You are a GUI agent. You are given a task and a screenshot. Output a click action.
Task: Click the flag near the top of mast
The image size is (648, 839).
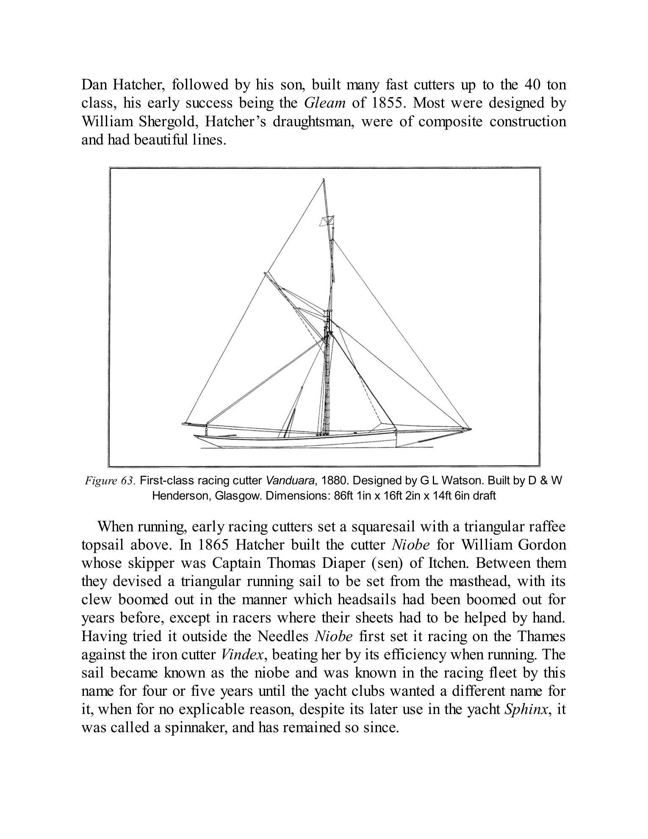pos(327,221)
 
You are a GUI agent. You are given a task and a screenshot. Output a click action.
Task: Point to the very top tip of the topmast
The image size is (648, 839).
pos(324,179)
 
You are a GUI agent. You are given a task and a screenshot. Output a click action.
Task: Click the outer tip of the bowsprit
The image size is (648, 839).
pos(471,429)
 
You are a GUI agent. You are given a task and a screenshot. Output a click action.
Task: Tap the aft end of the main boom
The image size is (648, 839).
pos(184,423)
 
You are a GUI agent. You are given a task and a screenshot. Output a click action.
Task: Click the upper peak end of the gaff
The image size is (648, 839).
pos(265,272)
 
